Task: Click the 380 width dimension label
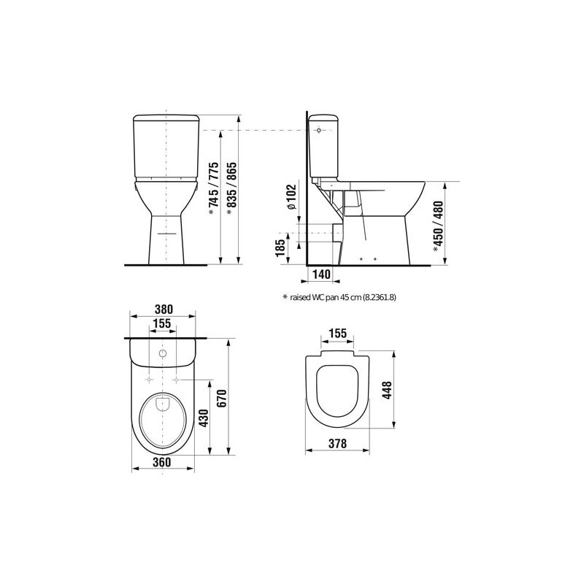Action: coord(164,310)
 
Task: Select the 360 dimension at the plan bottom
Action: coord(162,462)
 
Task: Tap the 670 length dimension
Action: coord(222,398)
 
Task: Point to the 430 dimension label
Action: coord(204,418)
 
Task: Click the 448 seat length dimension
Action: coord(388,390)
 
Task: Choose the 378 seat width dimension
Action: coord(338,444)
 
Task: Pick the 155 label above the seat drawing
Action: coord(338,333)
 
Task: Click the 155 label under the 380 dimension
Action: coord(162,323)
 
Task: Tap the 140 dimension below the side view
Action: coord(321,274)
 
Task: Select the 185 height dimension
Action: coord(280,247)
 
